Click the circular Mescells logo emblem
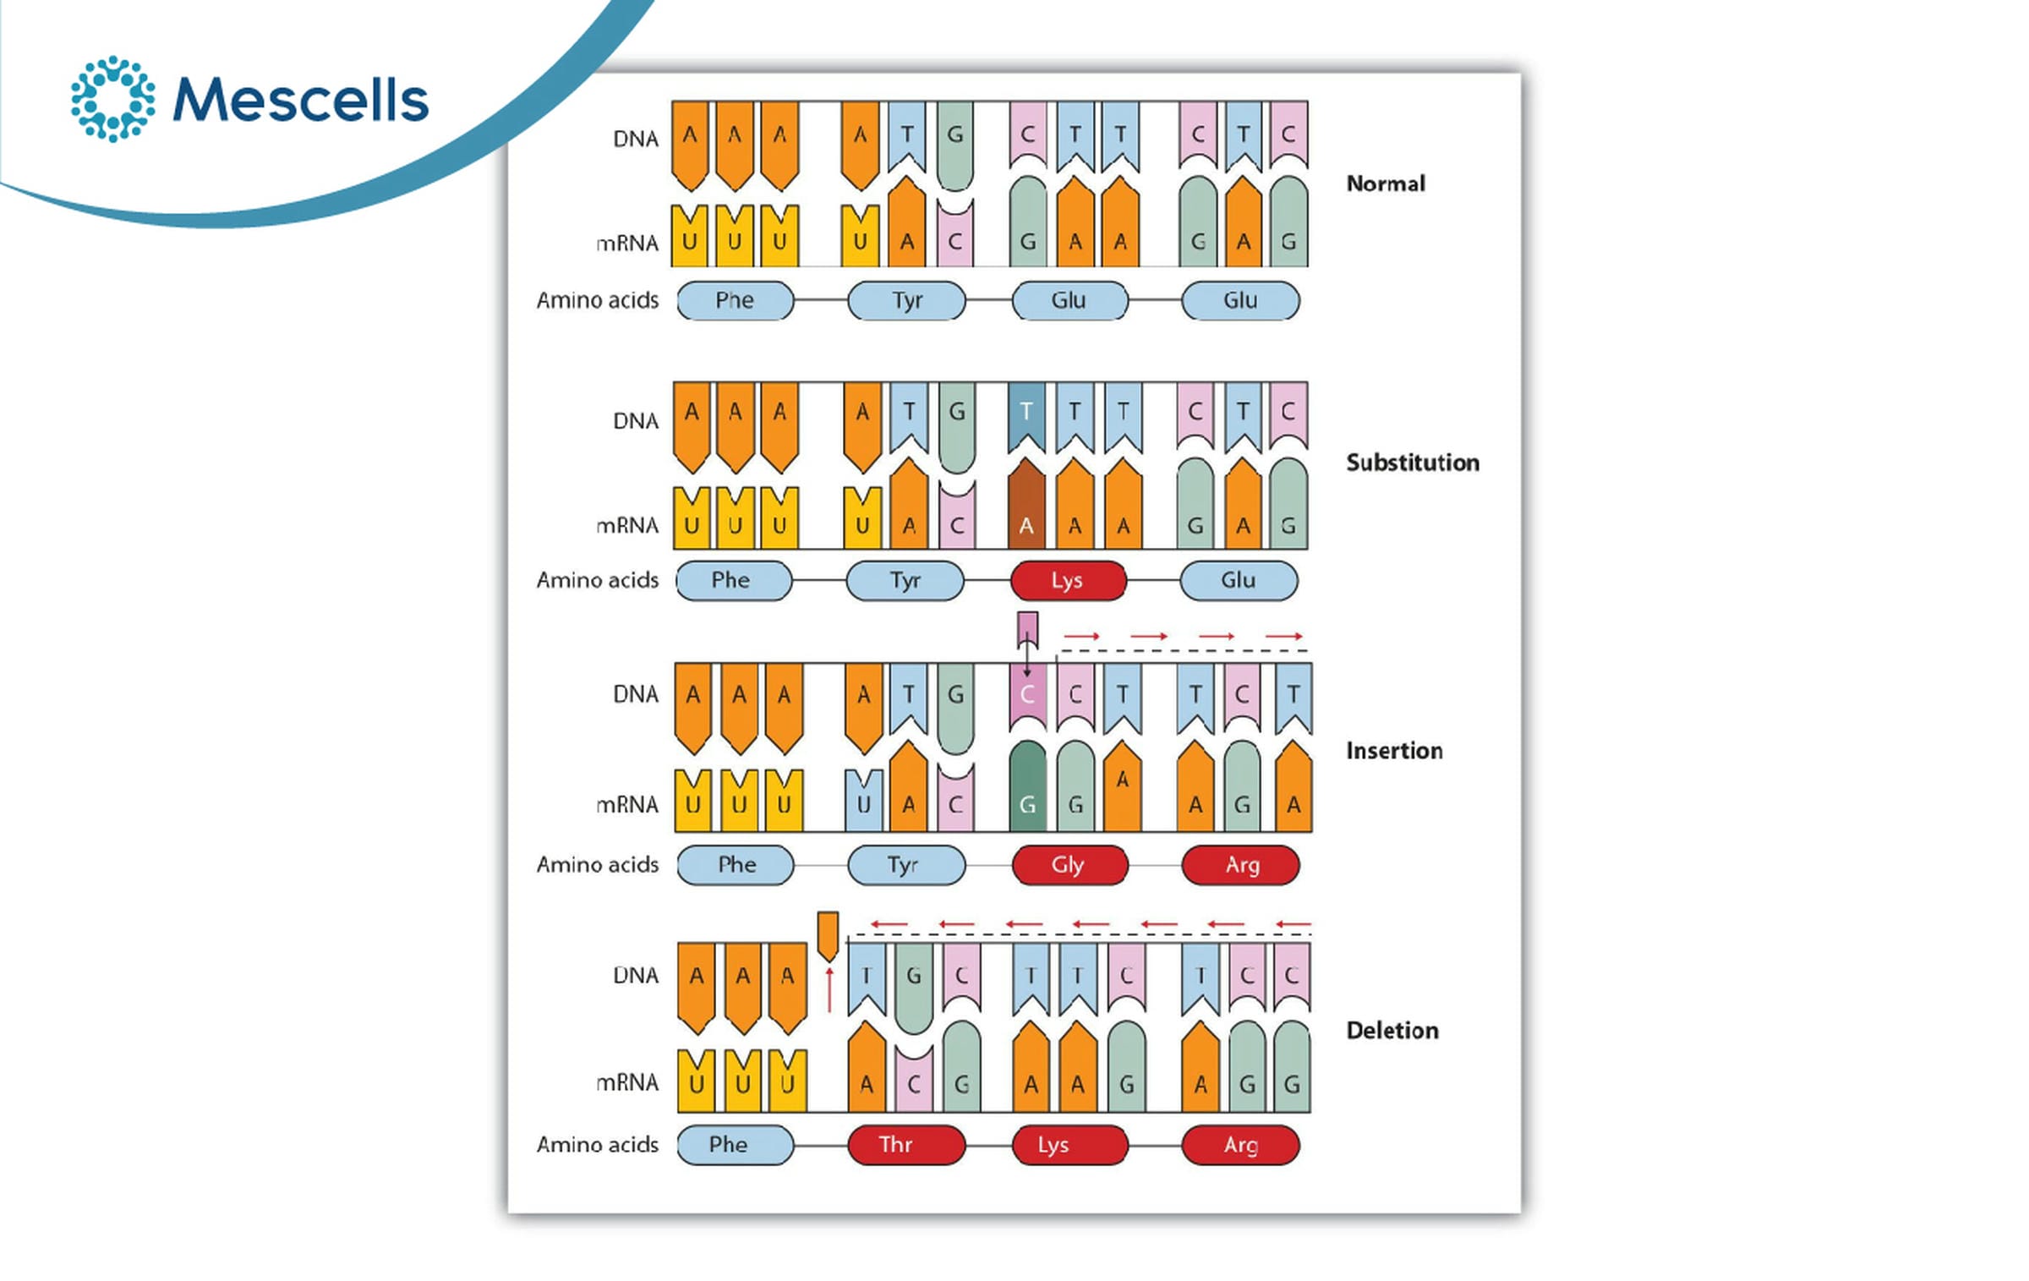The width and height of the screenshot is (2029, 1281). (112, 99)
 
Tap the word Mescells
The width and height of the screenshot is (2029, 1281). (300, 100)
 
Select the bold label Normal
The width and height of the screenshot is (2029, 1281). (1385, 183)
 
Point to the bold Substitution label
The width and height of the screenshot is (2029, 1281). (1413, 463)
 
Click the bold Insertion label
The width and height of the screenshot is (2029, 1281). (1394, 750)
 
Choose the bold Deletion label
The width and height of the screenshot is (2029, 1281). (1392, 1030)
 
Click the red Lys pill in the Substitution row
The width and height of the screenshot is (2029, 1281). (1068, 581)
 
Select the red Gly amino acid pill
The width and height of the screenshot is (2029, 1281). (1069, 865)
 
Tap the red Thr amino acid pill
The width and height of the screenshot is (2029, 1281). (906, 1145)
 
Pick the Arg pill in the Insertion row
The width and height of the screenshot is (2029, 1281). (1240, 865)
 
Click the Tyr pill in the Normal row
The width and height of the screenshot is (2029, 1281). (906, 300)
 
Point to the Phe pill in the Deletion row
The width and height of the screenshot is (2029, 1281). (736, 1145)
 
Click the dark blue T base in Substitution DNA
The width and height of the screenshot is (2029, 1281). (1026, 418)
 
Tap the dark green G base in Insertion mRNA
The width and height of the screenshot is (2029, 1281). (1028, 786)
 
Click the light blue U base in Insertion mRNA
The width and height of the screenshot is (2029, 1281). (863, 800)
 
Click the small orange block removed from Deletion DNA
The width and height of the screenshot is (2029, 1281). (828, 936)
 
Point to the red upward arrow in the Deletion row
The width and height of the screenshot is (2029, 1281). (829, 990)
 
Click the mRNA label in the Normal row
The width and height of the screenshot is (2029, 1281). (627, 244)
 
